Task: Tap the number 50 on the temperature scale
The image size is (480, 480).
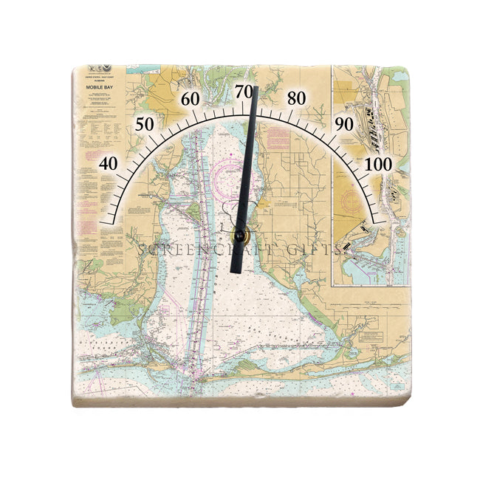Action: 145,124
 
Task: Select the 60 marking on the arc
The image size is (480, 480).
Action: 191,100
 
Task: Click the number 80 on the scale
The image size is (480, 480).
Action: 297,98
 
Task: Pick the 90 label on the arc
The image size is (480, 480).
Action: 344,124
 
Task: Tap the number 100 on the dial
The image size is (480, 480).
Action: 379,163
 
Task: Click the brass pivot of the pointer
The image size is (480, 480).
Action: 239,236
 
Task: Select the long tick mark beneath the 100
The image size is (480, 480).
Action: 377,218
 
